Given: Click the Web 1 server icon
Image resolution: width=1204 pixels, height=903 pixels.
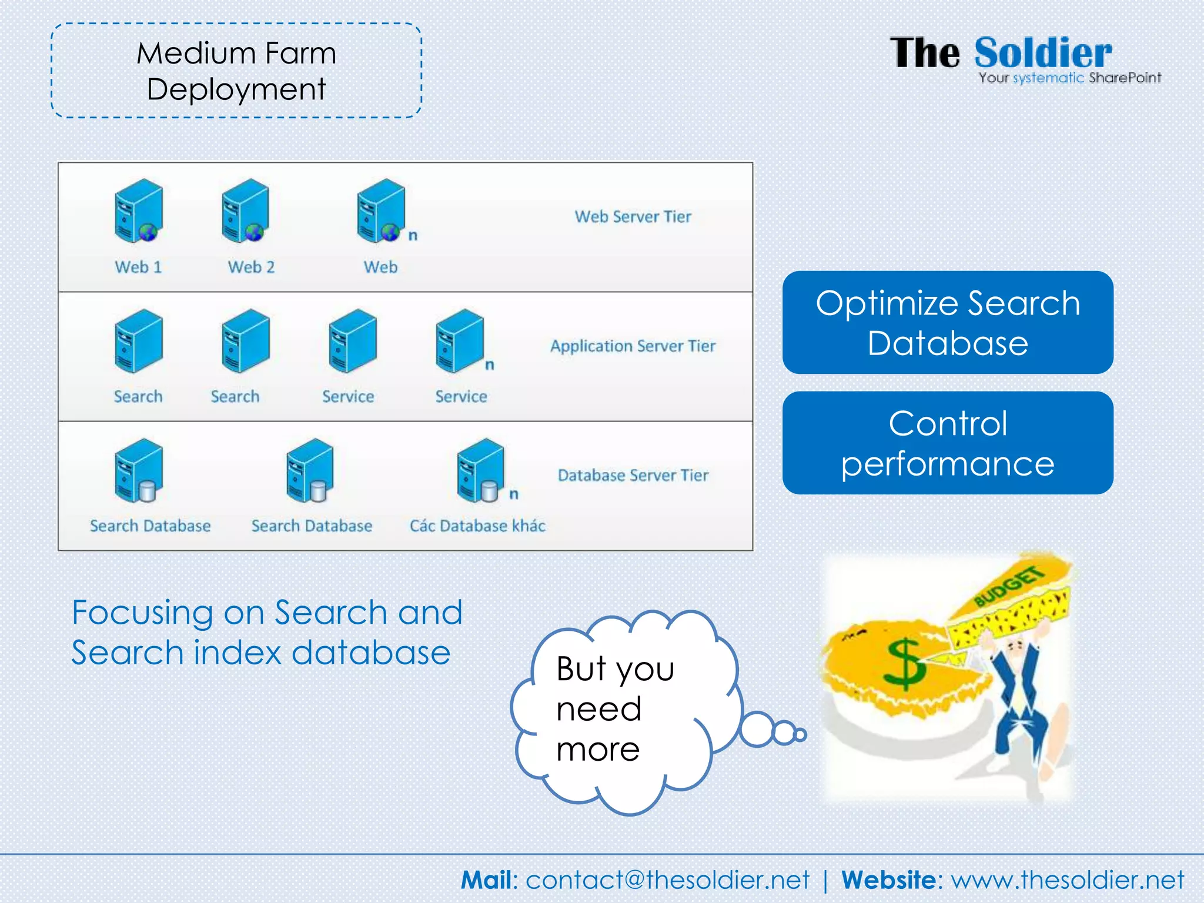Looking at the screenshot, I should (x=139, y=210).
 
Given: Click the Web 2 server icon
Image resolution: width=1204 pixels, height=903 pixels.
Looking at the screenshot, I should (x=246, y=210).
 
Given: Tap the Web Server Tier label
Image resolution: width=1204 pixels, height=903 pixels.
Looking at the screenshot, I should (x=633, y=216).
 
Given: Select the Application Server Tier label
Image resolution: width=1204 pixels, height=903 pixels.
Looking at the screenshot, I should (x=633, y=346).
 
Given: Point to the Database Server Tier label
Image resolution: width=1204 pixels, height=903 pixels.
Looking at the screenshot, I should (x=633, y=475).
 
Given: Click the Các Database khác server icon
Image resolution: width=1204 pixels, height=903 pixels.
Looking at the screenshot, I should (x=480, y=470).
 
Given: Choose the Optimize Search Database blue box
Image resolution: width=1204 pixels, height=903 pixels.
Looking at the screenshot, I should (x=947, y=322).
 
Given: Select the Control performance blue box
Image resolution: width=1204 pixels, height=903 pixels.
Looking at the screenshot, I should (x=947, y=443).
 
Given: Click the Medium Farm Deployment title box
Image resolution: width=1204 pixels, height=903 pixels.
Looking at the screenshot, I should (x=236, y=71).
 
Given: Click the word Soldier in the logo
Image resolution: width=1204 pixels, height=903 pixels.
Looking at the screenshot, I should (x=1043, y=53).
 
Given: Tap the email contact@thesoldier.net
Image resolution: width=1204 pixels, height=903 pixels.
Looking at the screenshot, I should (x=667, y=880).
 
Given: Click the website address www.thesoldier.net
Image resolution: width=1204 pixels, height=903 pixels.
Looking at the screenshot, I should (x=1067, y=880).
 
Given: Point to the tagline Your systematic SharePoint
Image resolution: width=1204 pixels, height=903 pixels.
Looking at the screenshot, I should (x=1069, y=78).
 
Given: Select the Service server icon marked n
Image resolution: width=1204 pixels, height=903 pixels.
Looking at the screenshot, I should (x=460, y=341).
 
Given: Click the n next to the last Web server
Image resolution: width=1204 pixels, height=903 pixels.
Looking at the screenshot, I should (x=413, y=235).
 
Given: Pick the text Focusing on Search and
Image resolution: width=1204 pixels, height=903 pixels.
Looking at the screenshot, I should (x=267, y=613).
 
